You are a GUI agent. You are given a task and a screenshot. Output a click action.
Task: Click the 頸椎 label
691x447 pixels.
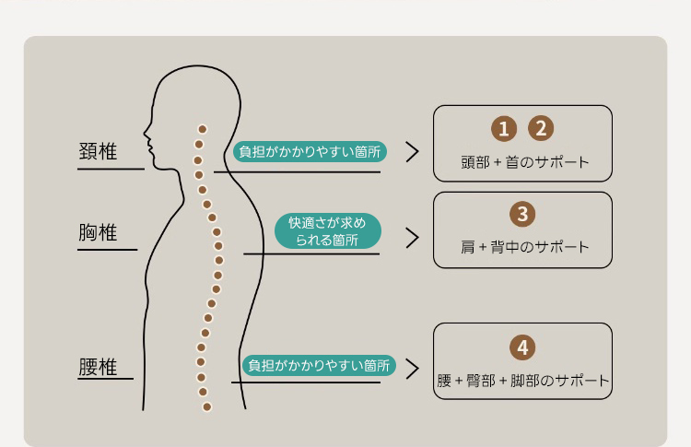pos(99,152)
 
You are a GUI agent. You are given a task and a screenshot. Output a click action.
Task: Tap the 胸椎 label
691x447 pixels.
pos(99,233)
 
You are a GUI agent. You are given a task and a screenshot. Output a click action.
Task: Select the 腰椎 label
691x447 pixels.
pos(99,367)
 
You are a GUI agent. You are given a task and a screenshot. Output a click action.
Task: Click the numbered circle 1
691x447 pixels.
pos(502,129)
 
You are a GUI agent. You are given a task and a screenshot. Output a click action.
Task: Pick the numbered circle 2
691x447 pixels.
pos(541,129)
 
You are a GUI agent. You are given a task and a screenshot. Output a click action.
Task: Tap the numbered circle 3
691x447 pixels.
pos(522,215)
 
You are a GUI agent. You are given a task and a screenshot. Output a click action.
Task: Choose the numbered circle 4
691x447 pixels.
pos(522,347)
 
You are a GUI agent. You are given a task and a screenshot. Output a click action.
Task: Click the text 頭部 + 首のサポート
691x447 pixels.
pos(522,162)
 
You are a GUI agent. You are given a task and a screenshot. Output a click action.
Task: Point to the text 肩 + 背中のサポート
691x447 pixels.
pos(522,247)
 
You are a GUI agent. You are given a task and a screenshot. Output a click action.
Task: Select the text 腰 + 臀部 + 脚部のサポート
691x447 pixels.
pos(522,380)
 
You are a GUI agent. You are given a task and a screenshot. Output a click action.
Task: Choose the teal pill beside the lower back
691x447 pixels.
pos(320,366)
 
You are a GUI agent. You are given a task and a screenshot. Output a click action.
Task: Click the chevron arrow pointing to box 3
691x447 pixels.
pos(412,237)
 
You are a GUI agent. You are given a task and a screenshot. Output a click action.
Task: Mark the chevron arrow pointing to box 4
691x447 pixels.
pos(412,367)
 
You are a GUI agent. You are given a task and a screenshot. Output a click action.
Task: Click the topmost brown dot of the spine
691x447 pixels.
pos(203,130)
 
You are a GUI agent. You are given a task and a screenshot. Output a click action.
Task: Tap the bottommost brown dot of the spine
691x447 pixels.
pos(206,406)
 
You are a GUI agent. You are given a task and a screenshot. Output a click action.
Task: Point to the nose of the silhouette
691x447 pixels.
pos(146,131)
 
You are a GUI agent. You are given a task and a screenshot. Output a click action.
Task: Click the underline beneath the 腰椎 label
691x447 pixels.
pos(106,379)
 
